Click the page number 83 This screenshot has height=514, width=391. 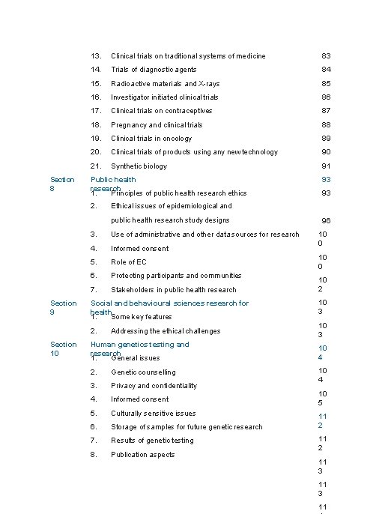(x=326, y=56)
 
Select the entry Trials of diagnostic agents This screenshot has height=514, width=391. (x=154, y=70)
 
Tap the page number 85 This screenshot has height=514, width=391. (x=326, y=84)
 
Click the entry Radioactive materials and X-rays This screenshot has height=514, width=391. (x=165, y=84)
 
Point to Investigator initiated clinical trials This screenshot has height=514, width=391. (x=165, y=97)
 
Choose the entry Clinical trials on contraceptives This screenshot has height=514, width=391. (x=161, y=111)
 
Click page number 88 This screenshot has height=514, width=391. (x=326, y=125)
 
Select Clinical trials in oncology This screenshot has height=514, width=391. (x=151, y=139)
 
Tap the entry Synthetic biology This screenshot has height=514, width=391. (x=139, y=166)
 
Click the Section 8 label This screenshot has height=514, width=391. (x=62, y=184)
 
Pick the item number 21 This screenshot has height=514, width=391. (x=96, y=166)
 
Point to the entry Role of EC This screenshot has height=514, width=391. (x=129, y=262)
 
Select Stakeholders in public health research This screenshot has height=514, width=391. (x=173, y=290)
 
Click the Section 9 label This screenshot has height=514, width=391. (x=62, y=307)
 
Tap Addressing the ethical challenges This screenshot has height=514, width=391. (x=166, y=331)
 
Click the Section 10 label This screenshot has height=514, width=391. (x=63, y=348)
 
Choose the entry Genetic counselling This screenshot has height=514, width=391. (x=143, y=372)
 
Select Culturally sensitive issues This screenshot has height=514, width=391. (x=153, y=414)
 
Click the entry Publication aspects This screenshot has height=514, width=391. (x=142, y=455)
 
